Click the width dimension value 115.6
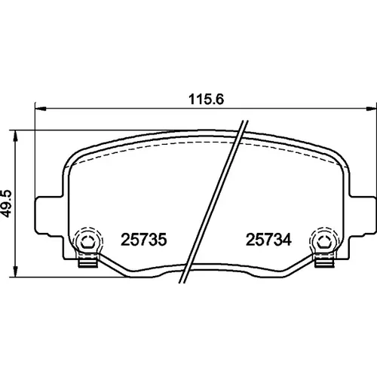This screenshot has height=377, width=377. (x=206, y=99)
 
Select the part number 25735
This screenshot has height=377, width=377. (x=144, y=240)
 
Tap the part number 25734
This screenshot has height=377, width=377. (x=268, y=240)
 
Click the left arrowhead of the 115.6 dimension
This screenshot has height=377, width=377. (x=40, y=109)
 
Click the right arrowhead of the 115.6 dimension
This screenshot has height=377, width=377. (x=372, y=109)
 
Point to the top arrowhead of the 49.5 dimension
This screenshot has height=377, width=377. (x=16, y=136)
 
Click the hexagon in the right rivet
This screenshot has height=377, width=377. (x=323, y=242)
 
